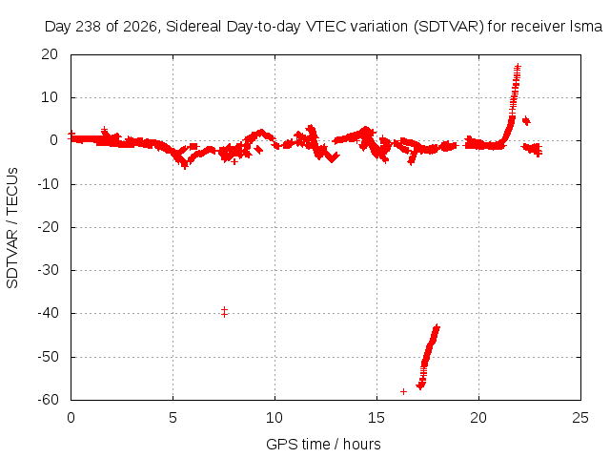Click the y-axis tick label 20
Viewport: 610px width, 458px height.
click(x=50, y=54)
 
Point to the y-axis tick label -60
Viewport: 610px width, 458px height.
click(x=48, y=400)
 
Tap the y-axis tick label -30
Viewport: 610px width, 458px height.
click(x=48, y=270)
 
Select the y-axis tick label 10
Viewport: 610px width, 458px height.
click(x=50, y=97)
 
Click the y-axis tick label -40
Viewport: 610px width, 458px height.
click(x=48, y=313)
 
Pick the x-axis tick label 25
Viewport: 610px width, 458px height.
click(x=580, y=418)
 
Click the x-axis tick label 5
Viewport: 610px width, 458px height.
click(x=173, y=418)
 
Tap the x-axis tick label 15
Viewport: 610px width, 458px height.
click(x=376, y=418)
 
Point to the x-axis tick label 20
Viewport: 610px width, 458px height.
click(x=478, y=418)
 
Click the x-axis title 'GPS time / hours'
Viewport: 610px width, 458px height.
click(x=323, y=444)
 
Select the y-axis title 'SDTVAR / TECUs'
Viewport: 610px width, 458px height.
click(x=12, y=228)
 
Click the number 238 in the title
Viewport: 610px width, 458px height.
click(x=89, y=27)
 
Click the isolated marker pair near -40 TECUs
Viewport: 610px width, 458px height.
click(x=224, y=312)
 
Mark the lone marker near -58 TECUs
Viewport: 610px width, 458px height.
click(x=403, y=391)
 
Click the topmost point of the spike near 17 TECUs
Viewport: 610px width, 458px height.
click(x=518, y=66)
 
